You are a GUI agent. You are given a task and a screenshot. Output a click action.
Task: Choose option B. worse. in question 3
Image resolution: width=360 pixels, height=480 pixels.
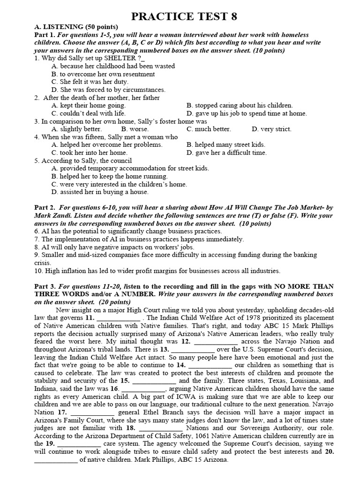point(135,129)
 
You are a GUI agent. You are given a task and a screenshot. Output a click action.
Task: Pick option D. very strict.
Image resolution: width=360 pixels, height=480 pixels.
point(271,129)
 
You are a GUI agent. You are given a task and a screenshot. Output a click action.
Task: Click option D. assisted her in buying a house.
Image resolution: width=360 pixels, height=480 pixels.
point(100,192)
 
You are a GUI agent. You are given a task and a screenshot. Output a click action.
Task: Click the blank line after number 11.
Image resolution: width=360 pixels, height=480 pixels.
point(119,318)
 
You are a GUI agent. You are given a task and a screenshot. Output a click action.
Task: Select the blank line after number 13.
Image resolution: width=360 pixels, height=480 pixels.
point(194,350)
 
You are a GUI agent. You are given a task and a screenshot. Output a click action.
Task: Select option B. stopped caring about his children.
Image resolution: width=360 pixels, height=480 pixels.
point(240,105)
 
